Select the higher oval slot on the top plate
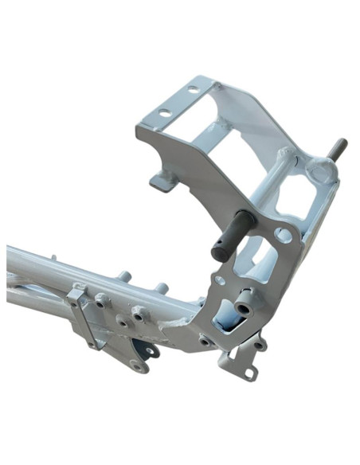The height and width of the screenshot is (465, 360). pos(193,90)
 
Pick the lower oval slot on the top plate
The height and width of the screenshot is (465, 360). pos(165,111)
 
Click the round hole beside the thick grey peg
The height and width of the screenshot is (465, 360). pos(282,235)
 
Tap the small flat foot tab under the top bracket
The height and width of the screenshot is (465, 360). pos(162,181)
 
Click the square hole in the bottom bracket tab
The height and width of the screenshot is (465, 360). pos(249,372)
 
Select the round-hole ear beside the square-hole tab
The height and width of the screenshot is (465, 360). pos(260,345)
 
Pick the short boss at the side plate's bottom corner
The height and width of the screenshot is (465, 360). pos(205,340)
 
